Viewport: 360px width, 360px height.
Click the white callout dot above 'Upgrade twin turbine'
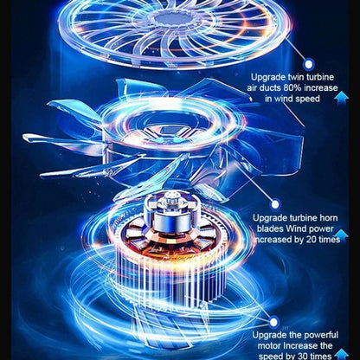coord(309,64)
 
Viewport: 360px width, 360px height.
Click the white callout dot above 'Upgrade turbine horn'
coord(275,204)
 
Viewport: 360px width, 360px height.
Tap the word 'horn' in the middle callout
coord(329,218)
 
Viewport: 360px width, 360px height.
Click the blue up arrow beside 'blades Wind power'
coord(341,235)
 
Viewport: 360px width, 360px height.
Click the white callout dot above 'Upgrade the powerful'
coord(273,322)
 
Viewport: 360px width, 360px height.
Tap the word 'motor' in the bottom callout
coord(269,345)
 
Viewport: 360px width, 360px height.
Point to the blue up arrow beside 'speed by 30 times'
coord(342,354)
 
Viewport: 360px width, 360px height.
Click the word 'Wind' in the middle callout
coord(296,228)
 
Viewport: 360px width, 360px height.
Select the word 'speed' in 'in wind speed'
coord(307,99)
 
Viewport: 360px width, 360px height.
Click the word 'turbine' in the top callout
coord(320,77)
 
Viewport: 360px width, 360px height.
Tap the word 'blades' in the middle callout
coord(270,228)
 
